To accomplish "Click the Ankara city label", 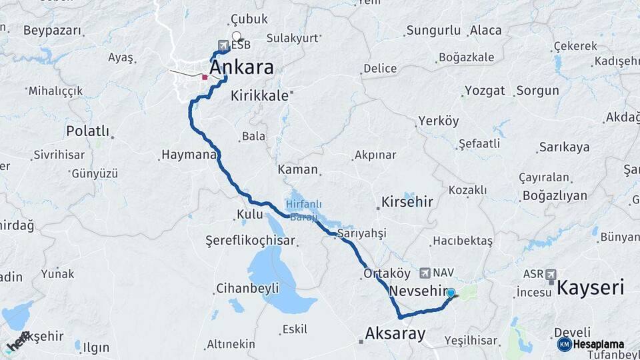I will (x=241, y=68).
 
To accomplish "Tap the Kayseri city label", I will (x=590, y=288).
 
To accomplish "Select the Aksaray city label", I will (x=395, y=333).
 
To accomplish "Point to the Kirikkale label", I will (x=259, y=96).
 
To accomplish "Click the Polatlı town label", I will (x=87, y=131).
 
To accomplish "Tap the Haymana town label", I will (x=189, y=155).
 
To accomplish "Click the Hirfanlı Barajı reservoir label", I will (x=303, y=209).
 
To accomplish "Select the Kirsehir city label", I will (x=407, y=202).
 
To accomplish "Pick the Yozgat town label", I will (x=485, y=90).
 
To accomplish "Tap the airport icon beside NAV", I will (x=425, y=273).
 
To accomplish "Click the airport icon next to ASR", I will (x=550, y=274).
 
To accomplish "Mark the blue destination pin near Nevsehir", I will (x=451, y=293).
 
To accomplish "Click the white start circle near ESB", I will (x=236, y=36).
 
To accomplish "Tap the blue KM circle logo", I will (x=564, y=344).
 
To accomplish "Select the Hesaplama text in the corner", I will (x=598, y=345).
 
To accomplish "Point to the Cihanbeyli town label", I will (x=246, y=289).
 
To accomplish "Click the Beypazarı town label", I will (x=52, y=31).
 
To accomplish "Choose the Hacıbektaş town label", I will (x=463, y=240).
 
